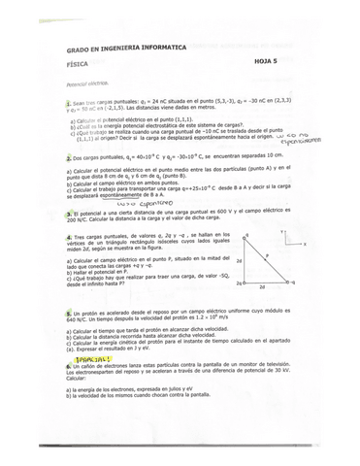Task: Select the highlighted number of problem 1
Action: tap(69, 102)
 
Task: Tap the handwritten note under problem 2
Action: tap(136, 204)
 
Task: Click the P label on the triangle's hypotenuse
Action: tap(266, 254)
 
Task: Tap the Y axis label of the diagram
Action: tap(281, 232)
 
